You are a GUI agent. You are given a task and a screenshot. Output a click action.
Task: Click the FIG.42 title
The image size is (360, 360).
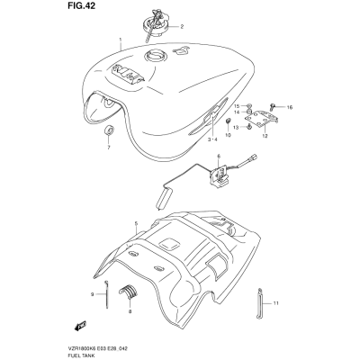click(80, 6)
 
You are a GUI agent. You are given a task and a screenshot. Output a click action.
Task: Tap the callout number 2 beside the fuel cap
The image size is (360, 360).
click(182, 27)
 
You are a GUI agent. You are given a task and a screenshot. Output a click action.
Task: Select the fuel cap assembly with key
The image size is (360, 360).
click(155, 25)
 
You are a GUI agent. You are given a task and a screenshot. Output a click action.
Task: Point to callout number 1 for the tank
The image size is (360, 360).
click(121, 40)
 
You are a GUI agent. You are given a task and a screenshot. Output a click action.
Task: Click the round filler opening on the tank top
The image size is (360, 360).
click(155, 56)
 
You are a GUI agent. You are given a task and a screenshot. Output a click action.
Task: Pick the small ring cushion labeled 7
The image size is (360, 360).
click(109, 131)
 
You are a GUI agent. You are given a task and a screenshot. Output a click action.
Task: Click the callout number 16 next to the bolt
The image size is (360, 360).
click(290, 107)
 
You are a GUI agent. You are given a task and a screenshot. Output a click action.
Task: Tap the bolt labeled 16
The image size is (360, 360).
click(273, 105)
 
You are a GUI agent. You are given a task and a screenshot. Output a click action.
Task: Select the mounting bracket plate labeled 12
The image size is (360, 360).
click(261, 120)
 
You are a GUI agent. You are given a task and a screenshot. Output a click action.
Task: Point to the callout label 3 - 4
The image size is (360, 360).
click(212, 139)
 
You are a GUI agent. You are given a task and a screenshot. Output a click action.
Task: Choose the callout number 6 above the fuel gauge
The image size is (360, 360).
click(219, 156)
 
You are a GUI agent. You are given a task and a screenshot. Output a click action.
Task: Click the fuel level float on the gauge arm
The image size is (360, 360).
click(164, 198)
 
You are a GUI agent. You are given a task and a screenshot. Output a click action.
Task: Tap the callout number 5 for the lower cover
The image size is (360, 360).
click(136, 223)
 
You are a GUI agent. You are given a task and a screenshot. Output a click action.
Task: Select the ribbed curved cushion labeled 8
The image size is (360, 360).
click(128, 291)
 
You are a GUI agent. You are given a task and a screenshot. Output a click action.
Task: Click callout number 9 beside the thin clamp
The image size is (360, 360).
click(93, 294)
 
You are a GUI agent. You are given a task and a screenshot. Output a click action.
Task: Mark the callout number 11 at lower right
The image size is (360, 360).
click(275, 303)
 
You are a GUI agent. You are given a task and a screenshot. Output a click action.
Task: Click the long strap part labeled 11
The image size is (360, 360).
click(260, 303)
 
